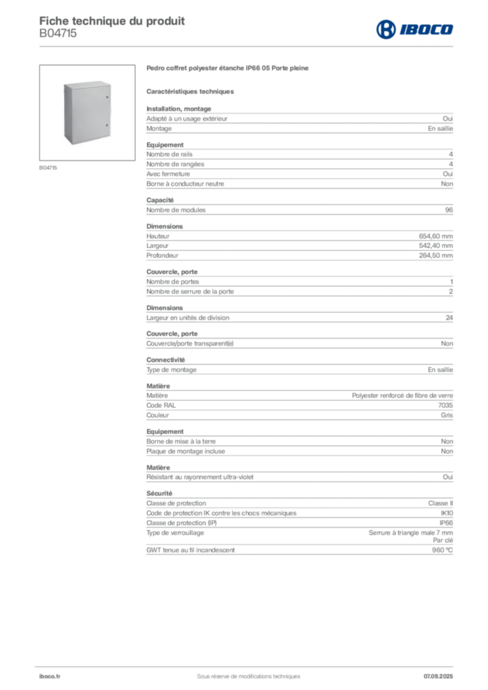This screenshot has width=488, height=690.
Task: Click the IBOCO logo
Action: coord(415,29)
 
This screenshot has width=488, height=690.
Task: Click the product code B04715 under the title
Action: coord(58,34)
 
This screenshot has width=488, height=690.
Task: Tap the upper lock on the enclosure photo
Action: coord(107,97)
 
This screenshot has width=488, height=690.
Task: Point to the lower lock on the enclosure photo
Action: coord(107,125)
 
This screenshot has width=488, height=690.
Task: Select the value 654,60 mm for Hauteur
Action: coord(435,237)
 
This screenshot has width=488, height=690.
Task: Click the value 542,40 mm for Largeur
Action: coord(435,246)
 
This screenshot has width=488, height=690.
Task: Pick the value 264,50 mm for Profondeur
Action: coord(435,255)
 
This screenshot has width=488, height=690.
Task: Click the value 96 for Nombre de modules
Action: coord(449,210)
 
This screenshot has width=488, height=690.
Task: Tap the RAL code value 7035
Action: coord(446,405)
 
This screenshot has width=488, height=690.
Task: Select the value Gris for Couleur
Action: coord(447,415)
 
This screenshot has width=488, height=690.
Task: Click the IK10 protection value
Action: coord(447,513)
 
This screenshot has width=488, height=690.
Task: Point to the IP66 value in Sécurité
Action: coord(446,523)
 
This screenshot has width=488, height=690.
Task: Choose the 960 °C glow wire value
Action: coord(442,550)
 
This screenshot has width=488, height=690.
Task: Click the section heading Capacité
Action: coord(160,200)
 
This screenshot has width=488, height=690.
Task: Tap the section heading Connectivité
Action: coord(165,360)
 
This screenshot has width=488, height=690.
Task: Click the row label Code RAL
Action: coord(161,405)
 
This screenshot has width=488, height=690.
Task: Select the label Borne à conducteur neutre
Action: coord(185,184)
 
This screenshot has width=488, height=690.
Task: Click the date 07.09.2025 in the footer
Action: coord(438,677)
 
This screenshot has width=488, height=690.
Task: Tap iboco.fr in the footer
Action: coord(50,677)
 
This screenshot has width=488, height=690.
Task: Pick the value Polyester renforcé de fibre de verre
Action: coord(402,396)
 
